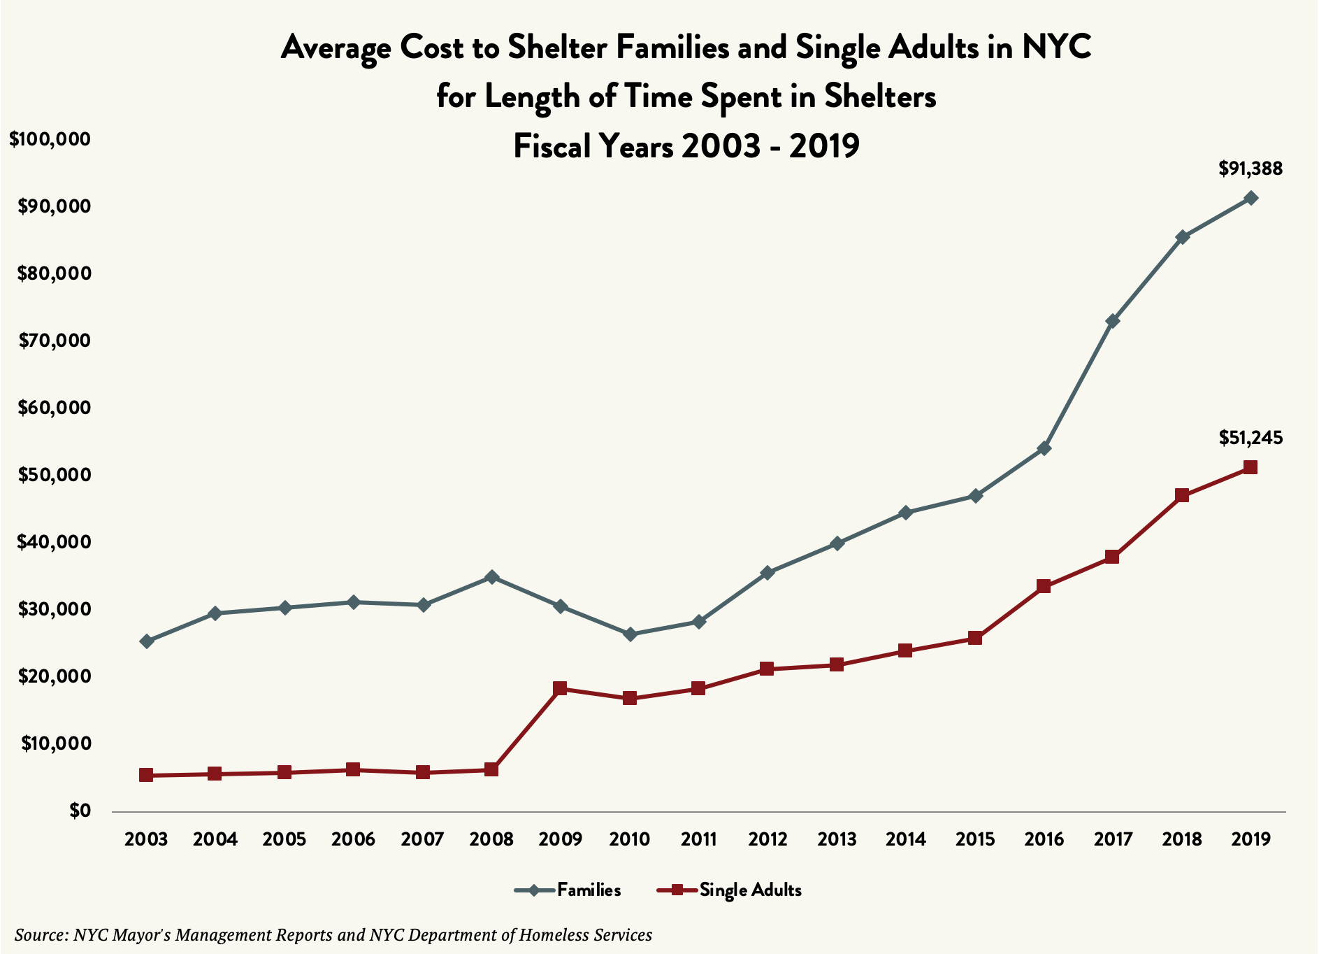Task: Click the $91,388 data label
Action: [1250, 169]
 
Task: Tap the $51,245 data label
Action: [1250, 438]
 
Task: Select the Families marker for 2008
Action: [491, 577]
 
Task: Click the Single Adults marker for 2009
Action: [560, 689]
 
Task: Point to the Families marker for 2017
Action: [1113, 321]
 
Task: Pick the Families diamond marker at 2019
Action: [1251, 198]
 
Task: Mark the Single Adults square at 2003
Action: [146, 775]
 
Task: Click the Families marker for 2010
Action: [630, 634]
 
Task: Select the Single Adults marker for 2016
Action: [1044, 586]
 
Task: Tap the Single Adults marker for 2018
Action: [1182, 495]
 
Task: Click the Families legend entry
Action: [568, 890]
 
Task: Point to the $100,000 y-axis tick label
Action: [50, 139]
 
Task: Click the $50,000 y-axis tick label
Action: [55, 475]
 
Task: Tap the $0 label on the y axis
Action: [80, 811]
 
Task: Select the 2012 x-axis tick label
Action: [767, 839]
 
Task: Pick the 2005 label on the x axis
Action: [284, 839]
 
